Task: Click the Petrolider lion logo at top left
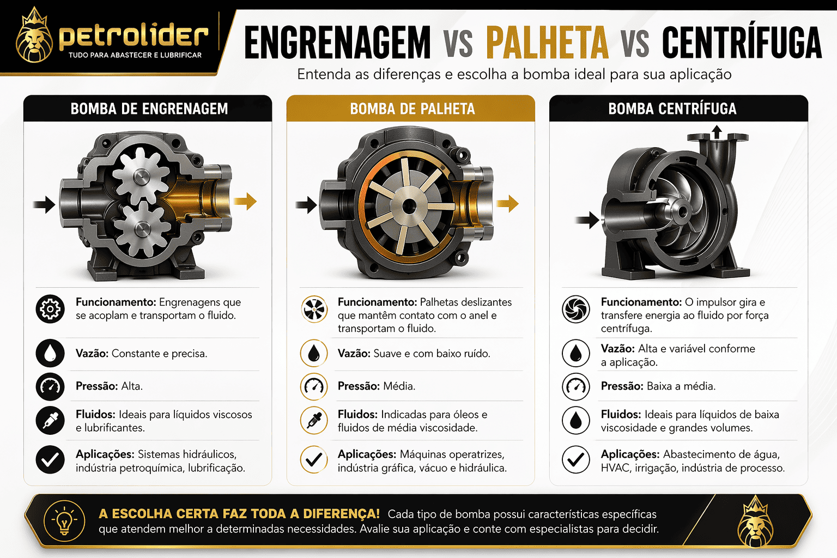coord(34,37)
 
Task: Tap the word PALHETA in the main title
coord(547,43)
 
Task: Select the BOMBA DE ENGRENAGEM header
coord(149,108)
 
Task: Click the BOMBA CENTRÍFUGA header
coord(672,108)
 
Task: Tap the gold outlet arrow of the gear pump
coord(245,201)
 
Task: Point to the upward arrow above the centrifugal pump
coord(717,131)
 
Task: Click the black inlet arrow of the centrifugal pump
coord(587,220)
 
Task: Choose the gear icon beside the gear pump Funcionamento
coord(50,309)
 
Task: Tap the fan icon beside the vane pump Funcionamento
coord(314,309)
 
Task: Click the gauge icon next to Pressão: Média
coord(314,386)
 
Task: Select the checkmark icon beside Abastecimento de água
coord(576,459)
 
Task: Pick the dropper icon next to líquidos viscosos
coord(50,420)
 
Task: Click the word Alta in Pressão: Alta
coord(131,386)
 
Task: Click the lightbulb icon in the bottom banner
coord(64,521)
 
